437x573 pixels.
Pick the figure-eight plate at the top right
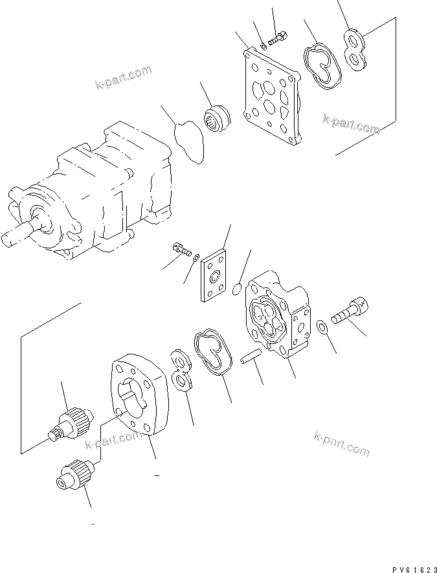(354, 49)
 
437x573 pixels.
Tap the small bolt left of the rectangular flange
(181, 250)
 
